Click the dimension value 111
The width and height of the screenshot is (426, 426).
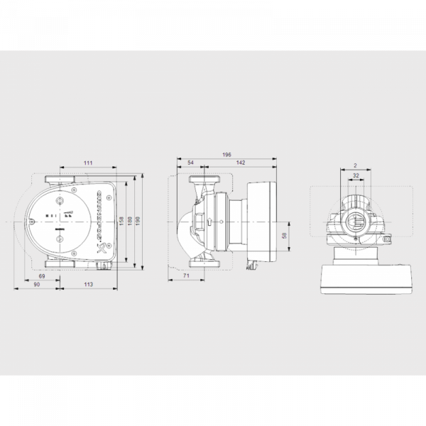pos(88,163)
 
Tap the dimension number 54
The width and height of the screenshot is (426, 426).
pos(190,163)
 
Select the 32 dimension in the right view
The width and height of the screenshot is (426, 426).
pos(355,175)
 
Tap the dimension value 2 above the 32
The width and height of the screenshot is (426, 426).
pos(354,165)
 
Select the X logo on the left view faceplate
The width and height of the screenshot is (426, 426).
pos(101,248)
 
